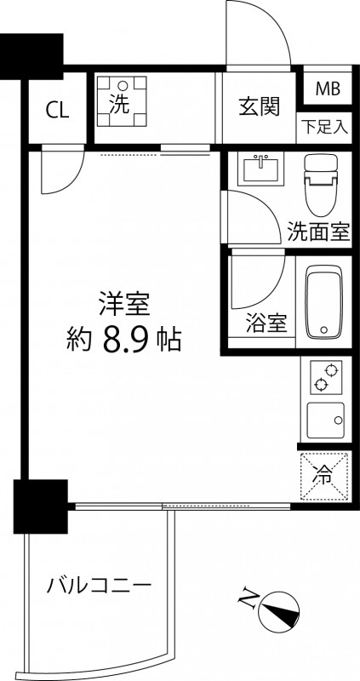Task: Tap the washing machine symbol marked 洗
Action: [x=121, y=100]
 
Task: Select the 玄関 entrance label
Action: [x=259, y=107]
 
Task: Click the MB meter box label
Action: [x=327, y=89]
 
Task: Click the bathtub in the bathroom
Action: [x=323, y=301]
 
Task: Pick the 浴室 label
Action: [x=264, y=323]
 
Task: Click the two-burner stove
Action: [x=324, y=375]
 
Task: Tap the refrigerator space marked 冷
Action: [x=324, y=478]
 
